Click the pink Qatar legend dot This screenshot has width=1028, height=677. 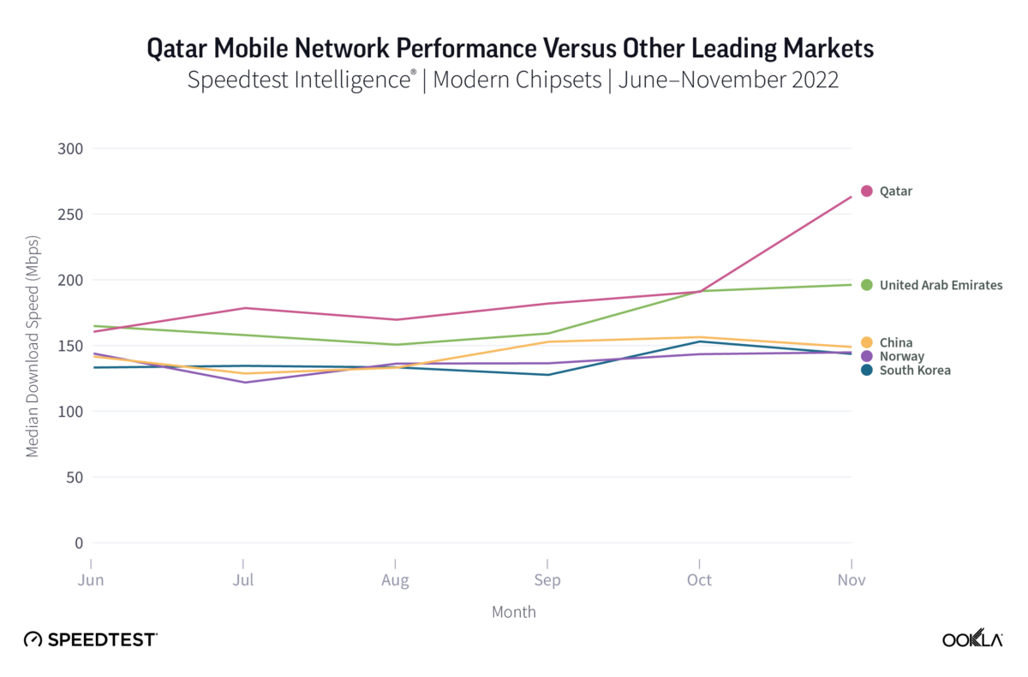(866, 191)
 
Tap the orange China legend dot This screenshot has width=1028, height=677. (866, 342)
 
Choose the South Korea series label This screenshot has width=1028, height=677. (915, 370)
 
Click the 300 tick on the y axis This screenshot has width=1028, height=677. (71, 148)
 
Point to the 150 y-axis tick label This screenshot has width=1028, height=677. (71, 346)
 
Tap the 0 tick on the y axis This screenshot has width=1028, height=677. (78, 543)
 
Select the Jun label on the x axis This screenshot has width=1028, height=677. (91, 580)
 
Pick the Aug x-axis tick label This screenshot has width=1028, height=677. (395, 580)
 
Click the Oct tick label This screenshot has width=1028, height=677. (700, 580)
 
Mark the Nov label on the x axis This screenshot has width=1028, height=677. (852, 580)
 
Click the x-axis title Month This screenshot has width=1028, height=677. (514, 611)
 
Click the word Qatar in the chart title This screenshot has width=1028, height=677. (179, 49)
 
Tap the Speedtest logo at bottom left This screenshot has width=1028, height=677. (90, 639)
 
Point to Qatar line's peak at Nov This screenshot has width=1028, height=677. (852, 196)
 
